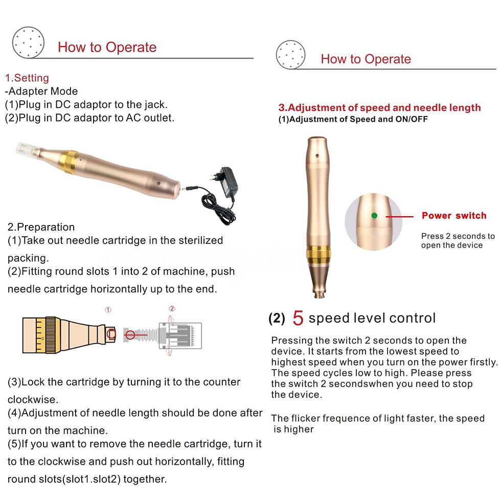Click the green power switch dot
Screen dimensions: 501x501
pos(374,215)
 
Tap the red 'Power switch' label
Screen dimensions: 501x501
pos(454,215)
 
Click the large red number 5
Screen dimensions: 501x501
pos(298,318)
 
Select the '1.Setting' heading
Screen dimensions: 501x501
pos(27,78)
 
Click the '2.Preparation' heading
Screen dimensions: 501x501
pos(41,227)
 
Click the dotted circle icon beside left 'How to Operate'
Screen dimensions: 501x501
pos(28,42)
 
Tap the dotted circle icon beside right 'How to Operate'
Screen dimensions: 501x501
pos(290,54)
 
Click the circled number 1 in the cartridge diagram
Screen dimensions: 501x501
pos(108,310)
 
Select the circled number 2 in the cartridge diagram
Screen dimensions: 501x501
pos(172,308)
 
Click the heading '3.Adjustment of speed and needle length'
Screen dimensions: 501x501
pos(379,108)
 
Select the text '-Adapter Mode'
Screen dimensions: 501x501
pos(41,92)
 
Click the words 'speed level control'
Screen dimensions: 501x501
pos(372,318)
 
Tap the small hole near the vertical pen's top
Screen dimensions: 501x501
pos(317,155)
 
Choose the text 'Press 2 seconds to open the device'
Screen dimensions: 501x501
pos(458,241)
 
